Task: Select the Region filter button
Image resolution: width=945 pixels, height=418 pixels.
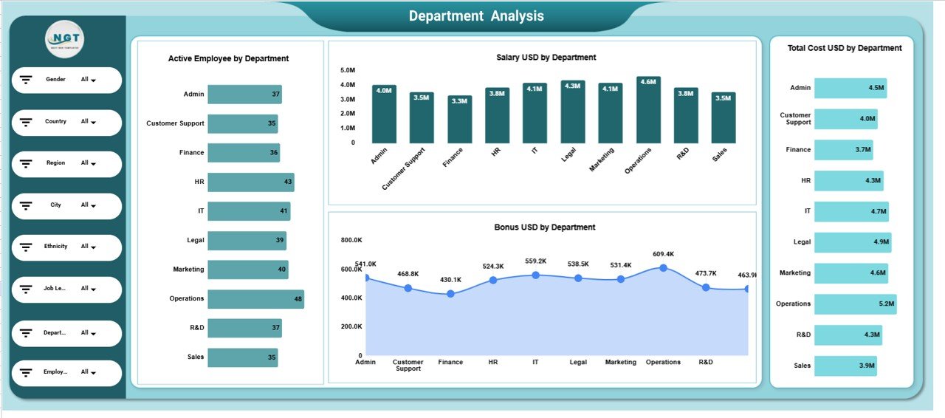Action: pyautogui.click(x=66, y=163)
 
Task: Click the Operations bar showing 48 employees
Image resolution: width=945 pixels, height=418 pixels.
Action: pyautogui.click(x=255, y=299)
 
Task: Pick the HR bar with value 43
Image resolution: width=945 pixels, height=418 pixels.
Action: pyautogui.click(x=250, y=182)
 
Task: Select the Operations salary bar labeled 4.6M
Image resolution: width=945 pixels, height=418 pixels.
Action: pyautogui.click(x=648, y=110)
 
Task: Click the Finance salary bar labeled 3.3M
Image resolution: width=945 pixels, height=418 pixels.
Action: pyautogui.click(x=459, y=119)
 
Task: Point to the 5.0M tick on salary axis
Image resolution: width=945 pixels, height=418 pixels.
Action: pyautogui.click(x=348, y=70)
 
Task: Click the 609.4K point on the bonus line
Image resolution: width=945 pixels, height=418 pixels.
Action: pyautogui.click(x=663, y=268)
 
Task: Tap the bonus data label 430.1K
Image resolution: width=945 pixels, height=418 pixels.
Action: pyautogui.click(x=450, y=280)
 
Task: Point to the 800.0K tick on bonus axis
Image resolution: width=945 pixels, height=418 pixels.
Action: pyautogui.click(x=351, y=240)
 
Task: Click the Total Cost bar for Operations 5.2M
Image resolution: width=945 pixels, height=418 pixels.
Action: pyautogui.click(x=855, y=304)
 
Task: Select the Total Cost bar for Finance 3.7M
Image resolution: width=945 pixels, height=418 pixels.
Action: pyautogui.click(x=843, y=150)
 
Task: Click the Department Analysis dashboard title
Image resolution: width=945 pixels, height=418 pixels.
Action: pyautogui.click(x=476, y=16)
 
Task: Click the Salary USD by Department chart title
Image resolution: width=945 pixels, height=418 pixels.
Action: pyautogui.click(x=546, y=58)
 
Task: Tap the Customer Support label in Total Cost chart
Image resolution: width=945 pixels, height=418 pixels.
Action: pyautogui.click(x=795, y=119)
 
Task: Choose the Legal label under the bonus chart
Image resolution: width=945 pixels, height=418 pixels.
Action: pyautogui.click(x=578, y=362)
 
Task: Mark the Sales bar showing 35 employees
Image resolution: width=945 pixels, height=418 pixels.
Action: pyautogui.click(x=242, y=357)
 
